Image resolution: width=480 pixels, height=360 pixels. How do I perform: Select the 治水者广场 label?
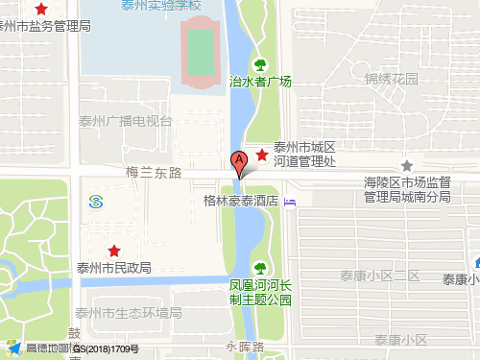pyautogui.click(x=260, y=83)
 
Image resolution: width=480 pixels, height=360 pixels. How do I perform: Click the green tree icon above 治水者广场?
pyautogui.click(x=259, y=65)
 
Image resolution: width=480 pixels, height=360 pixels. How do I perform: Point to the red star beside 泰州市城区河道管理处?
pyautogui.click(x=262, y=156)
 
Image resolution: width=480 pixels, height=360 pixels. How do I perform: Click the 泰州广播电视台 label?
pyautogui.click(x=127, y=122)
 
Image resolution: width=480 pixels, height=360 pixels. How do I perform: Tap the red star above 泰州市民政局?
pyautogui.click(x=114, y=251)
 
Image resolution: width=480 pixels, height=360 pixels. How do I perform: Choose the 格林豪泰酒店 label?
pyautogui.click(x=241, y=202)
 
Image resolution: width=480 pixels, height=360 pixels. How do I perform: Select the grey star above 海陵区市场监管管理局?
pyautogui.click(x=407, y=165)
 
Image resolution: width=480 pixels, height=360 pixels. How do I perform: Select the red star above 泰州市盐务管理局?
pyautogui.click(x=40, y=9)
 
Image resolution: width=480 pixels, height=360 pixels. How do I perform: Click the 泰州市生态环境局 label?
pyautogui.click(x=129, y=313)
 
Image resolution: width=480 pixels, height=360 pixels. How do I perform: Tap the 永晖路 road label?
pyautogui.click(x=245, y=345)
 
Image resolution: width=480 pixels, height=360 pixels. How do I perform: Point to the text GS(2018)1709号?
pyautogui.click(x=106, y=349)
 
